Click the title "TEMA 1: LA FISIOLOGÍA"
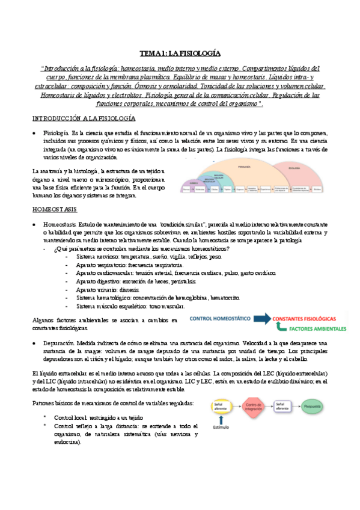coord(180,53)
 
